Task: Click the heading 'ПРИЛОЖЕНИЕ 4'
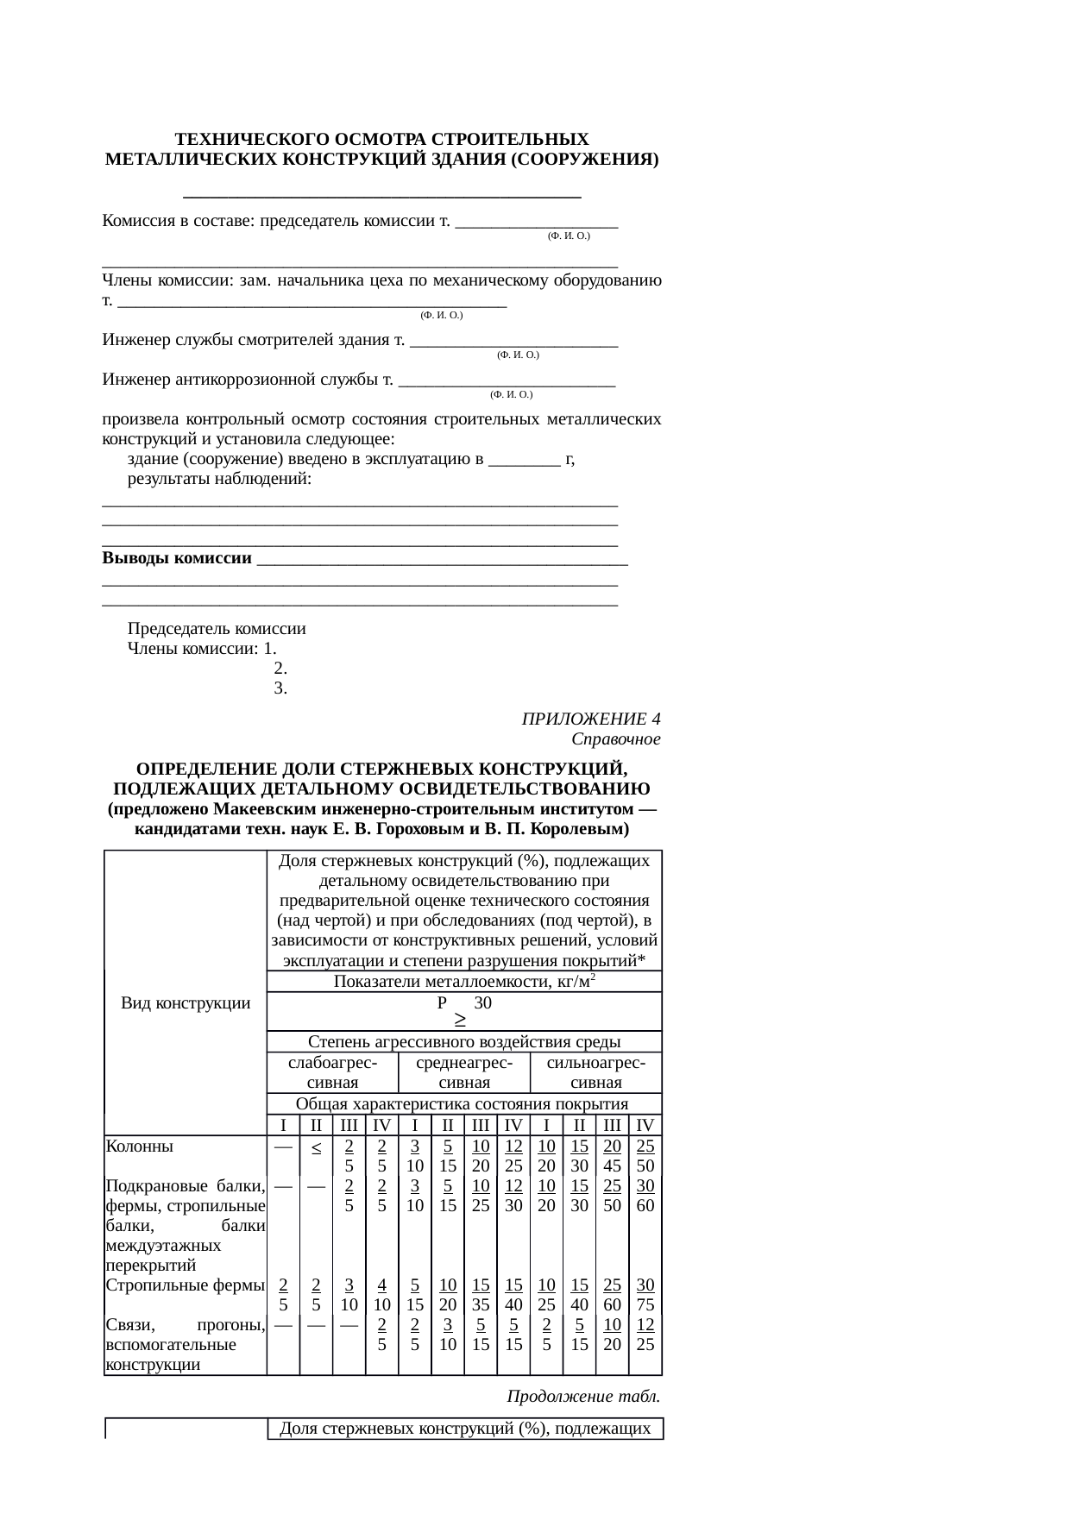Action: pyautogui.click(x=591, y=719)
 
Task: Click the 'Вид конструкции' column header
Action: pyautogui.click(x=186, y=1002)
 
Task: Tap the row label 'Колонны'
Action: pyautogui.click(x=139, y=1146)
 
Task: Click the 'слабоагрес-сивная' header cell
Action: pyautogui.click(x=332, y=1071)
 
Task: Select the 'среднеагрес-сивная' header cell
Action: pyautogui.click(x=464, y=1071)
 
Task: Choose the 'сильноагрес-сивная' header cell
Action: pyautogui.click(x=596, y=1071)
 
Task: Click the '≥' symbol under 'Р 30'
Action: pyautogui.click(x=461, y=1020)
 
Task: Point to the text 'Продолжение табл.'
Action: pyautogui.click(x=583, y=1396)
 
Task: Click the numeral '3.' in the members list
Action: pyautogui.click(x=280, y=688)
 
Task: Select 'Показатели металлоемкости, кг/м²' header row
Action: pyautogui.click(x=464, y=982)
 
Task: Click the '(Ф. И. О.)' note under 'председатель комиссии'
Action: pyautogui.click(x=569, y=236)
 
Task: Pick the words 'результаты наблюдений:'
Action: pyautogui.click(x=219, y=478)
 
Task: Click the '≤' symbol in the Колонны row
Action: pyautogui.click(x=317, y=1147)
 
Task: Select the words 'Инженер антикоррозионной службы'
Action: pyautogui.click(x=241, y=379)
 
